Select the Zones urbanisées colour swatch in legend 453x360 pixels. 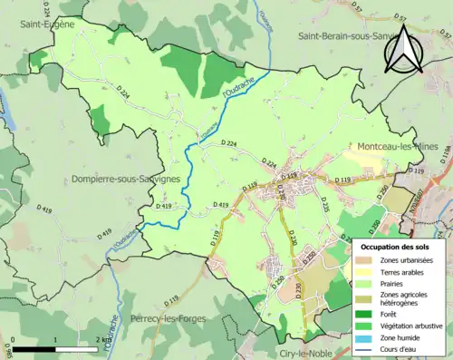pyautogui.click(x=364, y=260)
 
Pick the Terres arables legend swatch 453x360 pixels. pyautogui.click(x=364, y=273)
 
